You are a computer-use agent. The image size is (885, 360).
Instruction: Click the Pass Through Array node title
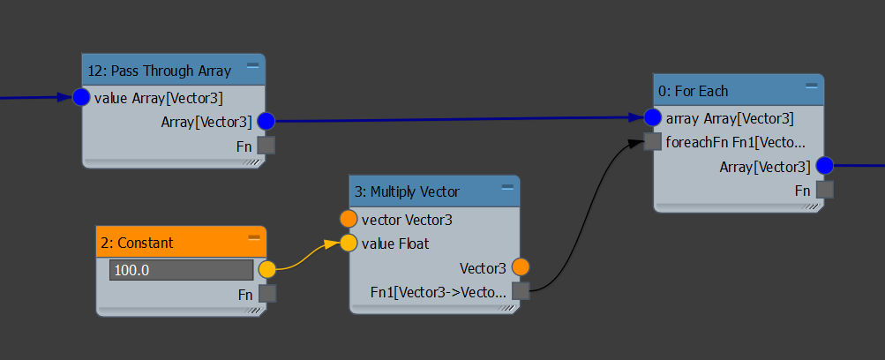[x=160, y=71]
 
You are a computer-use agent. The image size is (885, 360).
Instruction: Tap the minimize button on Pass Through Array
[x=252, y=65]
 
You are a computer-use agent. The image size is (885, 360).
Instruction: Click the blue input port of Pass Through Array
[x=82, y=97]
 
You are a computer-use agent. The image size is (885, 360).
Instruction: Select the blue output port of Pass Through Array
[x=266, y=121]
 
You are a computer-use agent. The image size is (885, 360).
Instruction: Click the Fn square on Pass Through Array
[x=266, y=146]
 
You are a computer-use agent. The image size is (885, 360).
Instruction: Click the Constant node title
[x=146, y=243]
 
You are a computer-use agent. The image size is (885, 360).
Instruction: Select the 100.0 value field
[x=181, y=270]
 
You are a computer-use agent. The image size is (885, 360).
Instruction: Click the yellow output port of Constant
[x=266, y=269]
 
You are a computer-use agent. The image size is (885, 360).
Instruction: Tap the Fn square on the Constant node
[x=266, y=293]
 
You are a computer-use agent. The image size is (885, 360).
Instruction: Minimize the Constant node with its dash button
[x=253, y=237]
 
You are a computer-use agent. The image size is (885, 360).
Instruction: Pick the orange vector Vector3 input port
[x=349, y=219]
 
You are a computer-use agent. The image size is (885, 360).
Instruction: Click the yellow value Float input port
[x=349, y=243]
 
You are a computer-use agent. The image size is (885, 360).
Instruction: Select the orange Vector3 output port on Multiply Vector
[x=521, y=266]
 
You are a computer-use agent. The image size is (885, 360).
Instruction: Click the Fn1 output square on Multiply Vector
[x=521, y=290]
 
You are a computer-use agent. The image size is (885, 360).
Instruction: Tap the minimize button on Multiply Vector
[x=507, y=186]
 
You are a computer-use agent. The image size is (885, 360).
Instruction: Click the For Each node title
[x=694, y=91]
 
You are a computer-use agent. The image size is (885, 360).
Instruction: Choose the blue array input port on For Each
[x=653, y=117]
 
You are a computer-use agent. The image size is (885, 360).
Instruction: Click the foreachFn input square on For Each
[x=653, y=141]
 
